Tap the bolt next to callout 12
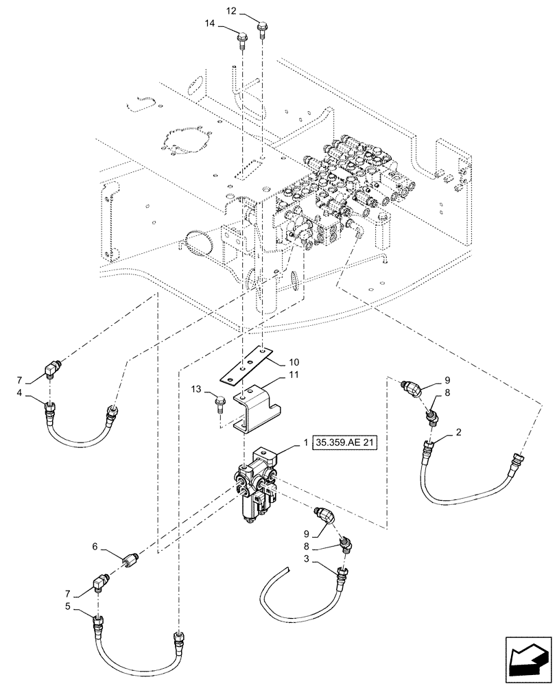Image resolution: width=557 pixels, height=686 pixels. click(x=262, y=32)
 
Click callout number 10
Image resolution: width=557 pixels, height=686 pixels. click(x=294, y=361)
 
